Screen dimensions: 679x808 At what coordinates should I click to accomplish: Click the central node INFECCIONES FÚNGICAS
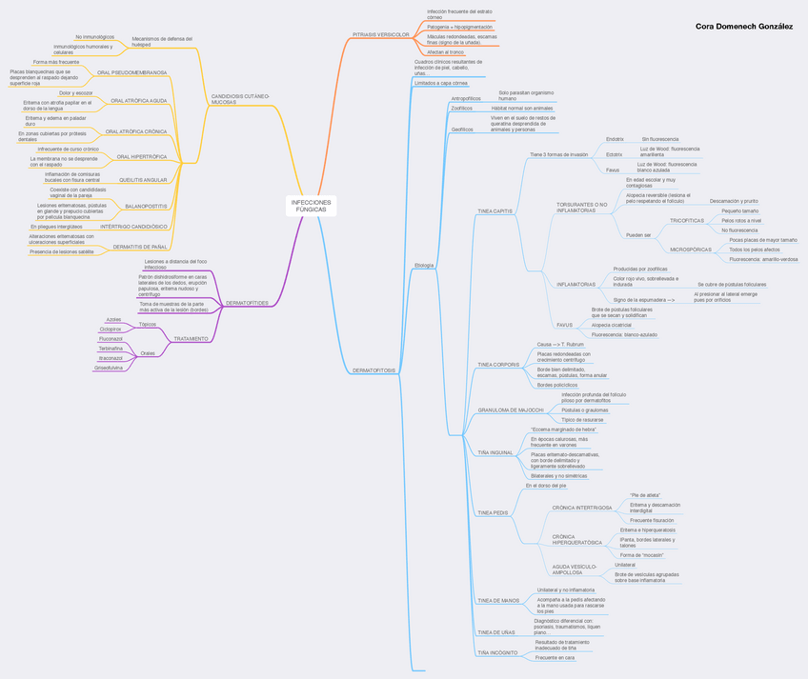(311, 206)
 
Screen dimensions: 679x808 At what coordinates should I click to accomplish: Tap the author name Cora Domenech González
(743, 27)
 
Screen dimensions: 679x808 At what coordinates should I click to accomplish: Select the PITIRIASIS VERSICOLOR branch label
(380, 34)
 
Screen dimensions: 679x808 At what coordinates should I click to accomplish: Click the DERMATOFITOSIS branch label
(374, 369)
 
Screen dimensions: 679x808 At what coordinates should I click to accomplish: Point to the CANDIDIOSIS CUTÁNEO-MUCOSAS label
(240, 98)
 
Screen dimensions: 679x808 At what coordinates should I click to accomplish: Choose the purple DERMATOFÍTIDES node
(246, 303)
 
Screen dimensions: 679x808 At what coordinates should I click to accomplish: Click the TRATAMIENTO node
(191, 338)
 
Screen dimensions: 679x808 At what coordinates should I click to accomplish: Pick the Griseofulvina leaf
(110, 367)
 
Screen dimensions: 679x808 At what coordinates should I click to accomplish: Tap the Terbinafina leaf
(111, 349)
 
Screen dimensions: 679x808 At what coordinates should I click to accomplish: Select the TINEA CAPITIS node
(495, 210)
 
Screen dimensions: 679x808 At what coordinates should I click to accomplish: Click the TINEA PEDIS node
(494, 512)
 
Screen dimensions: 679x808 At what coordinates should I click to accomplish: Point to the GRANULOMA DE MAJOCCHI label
(510, 409)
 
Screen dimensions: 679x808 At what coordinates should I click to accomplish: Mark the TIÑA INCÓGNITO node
(497, 653)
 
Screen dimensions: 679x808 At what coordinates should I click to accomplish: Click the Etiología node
(424, 265)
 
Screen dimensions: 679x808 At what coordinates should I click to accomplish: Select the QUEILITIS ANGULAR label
(143, 179)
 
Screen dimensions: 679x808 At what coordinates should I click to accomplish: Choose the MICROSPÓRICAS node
(691, 250)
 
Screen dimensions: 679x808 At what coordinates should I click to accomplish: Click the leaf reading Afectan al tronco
(445, 52)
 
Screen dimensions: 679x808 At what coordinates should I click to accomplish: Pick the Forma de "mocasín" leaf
(641, 554)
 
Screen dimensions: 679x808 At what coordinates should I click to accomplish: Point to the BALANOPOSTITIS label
(146, 206)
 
